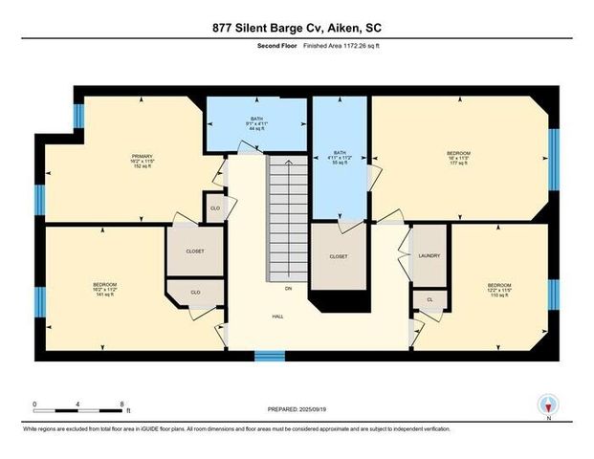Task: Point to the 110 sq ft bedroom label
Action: pyautogui.click(x=499, y=289)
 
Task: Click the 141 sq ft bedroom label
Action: pyautogui.click(x=104, y=290)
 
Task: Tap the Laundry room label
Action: pyautogui.click(x=429, y=256)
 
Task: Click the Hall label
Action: pyautogui.click(x=277, y=317)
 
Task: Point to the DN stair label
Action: pyautogui.click(x=288, y=287)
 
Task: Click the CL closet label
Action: pyautogui.click(x=429, y=299)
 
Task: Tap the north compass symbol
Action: pyautogui.click(x=548, y=404)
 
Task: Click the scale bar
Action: pyautogui.click(x=77, y=411)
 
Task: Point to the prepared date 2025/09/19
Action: pyautogui.click(x=297, y=411)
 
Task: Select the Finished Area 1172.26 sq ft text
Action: pyautogui.click(x=326, y=46)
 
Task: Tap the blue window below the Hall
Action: pyautogui.click(x=270, y=356)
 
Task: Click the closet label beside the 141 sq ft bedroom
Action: pyautogui.click(x=194, y=251)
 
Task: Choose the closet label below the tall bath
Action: pyautogui.click(x=338, y=256)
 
